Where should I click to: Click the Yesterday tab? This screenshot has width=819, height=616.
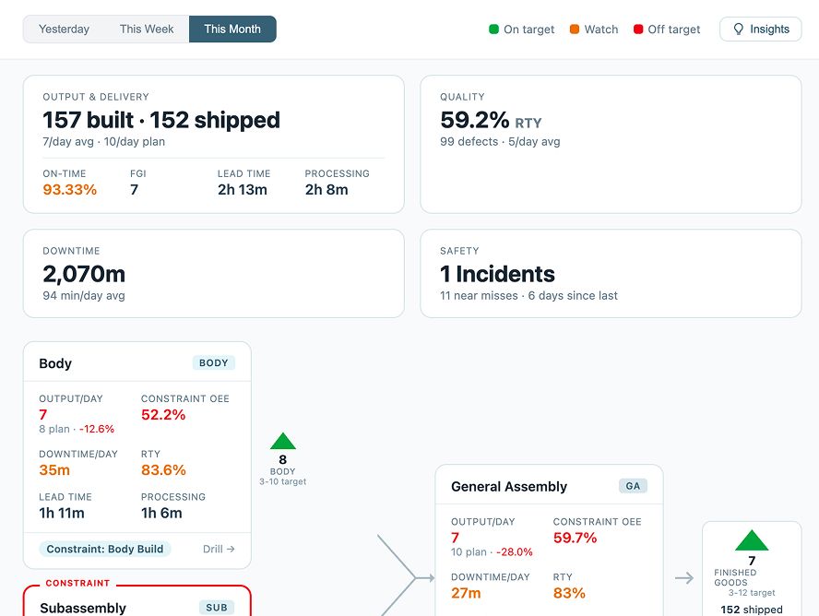(65, 29)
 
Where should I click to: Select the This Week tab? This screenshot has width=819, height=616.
(147, 29)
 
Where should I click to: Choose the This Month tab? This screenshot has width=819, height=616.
(232, 29)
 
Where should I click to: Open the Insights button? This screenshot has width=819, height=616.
(761, 29)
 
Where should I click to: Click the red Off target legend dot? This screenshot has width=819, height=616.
(638, 30)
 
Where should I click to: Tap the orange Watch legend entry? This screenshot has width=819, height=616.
(594, 30)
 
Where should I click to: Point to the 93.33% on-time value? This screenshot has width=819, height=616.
(70, 190)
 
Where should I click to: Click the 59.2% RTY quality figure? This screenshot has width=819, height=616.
(475, 120)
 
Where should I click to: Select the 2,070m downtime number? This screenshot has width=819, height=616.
(84, 274)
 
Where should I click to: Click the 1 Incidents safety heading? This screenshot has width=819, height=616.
(497, 274)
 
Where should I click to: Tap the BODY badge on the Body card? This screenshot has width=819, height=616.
(214, 363)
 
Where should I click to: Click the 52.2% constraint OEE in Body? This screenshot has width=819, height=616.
(163, 415)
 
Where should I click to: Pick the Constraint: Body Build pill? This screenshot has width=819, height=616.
(105, 549)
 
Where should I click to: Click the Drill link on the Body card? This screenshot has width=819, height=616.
(219, 549)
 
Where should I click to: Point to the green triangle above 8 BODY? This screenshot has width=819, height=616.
(283, 442)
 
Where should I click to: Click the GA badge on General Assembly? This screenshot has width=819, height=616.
(633, 486)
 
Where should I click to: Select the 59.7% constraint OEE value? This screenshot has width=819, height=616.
(576, 538)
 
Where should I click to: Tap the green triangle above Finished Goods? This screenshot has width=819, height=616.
(752, 541)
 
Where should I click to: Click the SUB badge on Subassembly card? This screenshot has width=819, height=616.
(217, 608)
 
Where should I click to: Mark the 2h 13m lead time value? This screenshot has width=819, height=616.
(243, 190)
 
